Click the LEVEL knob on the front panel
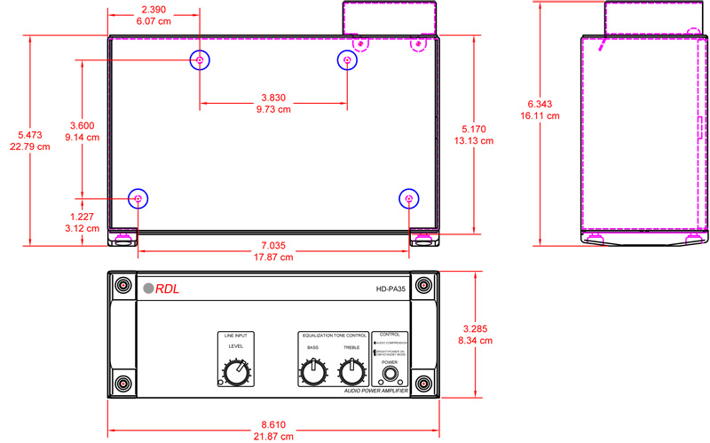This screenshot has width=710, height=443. click(235, 374)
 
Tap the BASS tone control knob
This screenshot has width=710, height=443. click(312, 374)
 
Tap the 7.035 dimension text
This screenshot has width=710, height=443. click(272, 245)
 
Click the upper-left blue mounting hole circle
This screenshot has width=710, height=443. click(200, 60)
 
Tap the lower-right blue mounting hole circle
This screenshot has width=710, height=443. click(408, 199)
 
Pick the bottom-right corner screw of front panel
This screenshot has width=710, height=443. click(424, 384)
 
